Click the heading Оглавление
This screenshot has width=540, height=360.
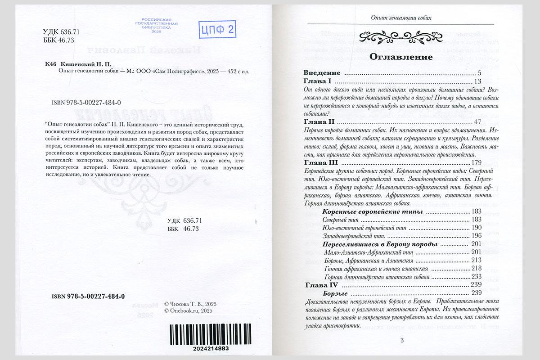401,57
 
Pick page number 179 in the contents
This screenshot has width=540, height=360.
476,162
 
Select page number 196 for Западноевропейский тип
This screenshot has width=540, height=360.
477,236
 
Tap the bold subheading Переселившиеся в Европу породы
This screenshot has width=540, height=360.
380,244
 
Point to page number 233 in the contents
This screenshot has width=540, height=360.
477,277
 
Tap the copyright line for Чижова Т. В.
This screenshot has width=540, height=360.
191,304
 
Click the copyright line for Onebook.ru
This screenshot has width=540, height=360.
189,310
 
